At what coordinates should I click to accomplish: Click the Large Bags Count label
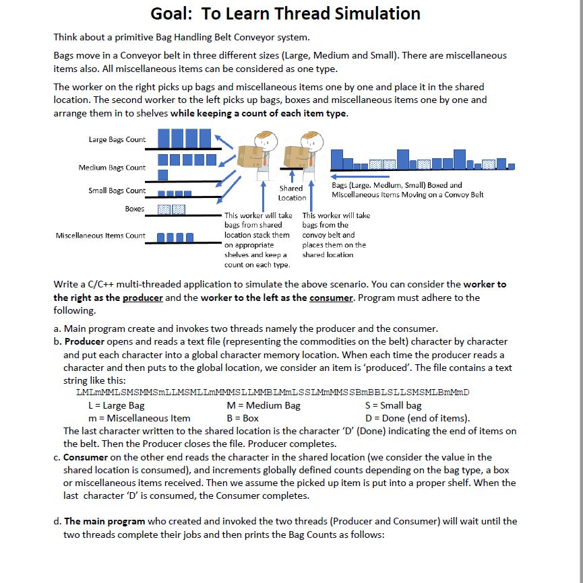click(x=117, y=139)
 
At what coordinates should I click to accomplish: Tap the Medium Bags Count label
click(x=116, y=167)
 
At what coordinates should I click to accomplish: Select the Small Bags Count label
click(x=117, y=191)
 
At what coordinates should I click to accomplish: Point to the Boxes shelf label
click(x=135, y=209)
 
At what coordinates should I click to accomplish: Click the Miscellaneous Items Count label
click(x=100, y=235)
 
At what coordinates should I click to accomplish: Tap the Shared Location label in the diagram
click(x=292, y=193)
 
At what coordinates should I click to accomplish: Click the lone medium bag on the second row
click(x=163, y=175)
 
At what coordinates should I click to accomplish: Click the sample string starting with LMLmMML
click(x=272, y=392)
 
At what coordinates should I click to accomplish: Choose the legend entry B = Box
click(x=243, y=418)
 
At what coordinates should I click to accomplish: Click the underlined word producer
click(x=142, y=298)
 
